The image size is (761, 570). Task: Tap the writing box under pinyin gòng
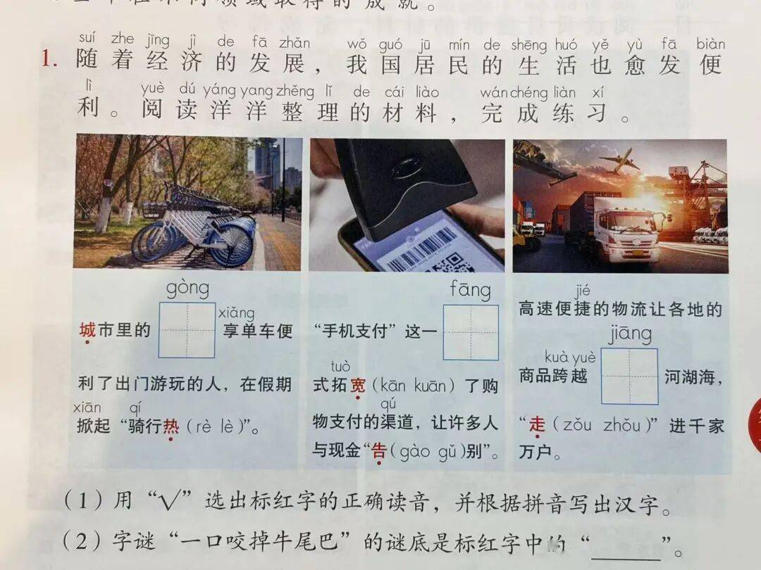[x=187, y=330]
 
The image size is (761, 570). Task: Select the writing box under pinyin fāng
[x=471, y=332]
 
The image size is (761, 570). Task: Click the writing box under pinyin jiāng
[x=629, y=376]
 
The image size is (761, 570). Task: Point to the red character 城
[x=87, y=330]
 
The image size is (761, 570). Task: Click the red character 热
[x=171, y=426]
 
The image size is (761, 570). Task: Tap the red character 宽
[x=358, y=386]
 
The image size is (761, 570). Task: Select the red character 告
[x=379, y=451]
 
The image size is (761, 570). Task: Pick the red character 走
[x=538, y=424]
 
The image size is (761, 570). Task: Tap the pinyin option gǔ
[x=448, y=451]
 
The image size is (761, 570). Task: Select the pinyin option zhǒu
[x=622, y=425]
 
